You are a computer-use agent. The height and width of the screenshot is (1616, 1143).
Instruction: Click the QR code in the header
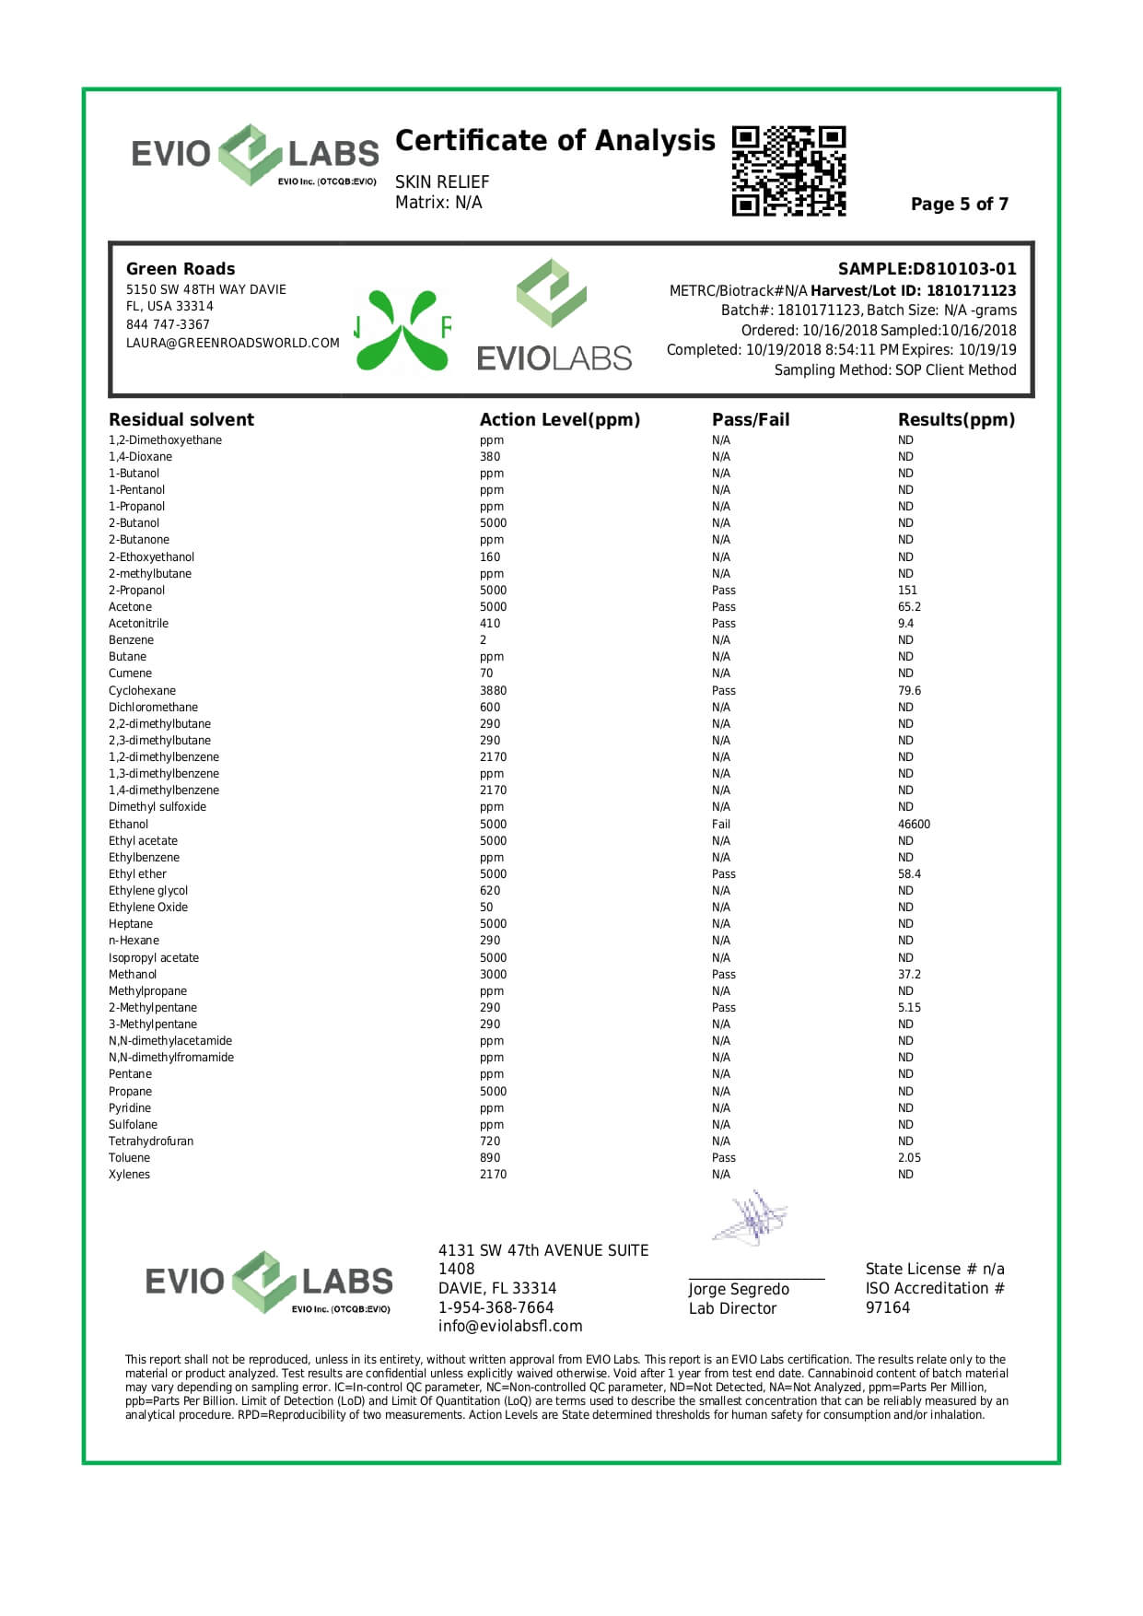(788, 170)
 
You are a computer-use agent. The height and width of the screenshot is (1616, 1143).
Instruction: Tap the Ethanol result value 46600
(914, 825)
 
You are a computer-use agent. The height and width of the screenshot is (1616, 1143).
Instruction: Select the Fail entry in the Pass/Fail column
(721, 825)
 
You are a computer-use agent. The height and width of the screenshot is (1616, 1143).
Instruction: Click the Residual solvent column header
(181, 420)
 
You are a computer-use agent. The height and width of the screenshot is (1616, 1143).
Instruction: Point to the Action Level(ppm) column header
(559, 420)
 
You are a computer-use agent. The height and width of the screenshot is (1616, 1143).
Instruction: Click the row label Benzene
(131, 640)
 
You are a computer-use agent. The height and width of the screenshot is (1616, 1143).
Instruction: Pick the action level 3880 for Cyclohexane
(493, 691)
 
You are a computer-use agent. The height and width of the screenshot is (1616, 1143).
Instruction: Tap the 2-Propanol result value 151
(907, 591)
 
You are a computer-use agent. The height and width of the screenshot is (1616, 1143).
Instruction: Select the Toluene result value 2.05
(909, 1158)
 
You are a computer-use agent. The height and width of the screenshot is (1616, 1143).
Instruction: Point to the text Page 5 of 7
(959, 205)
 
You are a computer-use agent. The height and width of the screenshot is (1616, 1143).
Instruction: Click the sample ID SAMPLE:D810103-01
(927, 269)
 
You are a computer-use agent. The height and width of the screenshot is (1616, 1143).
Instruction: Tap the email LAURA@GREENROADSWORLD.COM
(232, 343)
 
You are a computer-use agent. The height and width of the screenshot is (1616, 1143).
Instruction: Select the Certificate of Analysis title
(554, 141)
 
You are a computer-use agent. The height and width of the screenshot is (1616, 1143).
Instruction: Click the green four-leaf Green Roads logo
(402, 330)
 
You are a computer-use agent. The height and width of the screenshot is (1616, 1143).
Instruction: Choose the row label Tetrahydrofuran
(151, 1142)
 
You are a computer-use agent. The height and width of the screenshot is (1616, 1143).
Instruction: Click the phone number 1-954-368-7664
(496, 1307)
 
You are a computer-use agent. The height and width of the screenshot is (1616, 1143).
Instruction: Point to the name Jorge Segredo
(739, 1289)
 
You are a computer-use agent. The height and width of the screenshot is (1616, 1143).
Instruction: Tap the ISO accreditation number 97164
(887, 1307)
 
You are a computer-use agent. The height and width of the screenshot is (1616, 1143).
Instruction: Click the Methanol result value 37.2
(909, 975)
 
